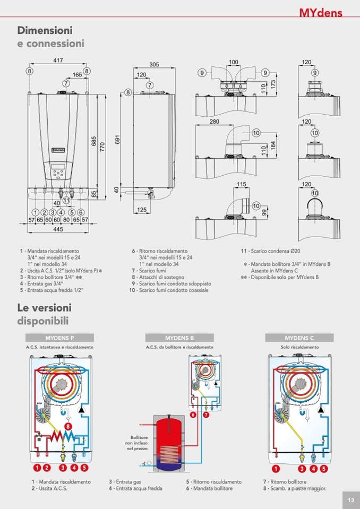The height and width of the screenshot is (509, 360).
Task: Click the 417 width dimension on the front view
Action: pos(58,61)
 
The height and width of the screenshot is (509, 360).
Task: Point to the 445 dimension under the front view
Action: pos(58,229)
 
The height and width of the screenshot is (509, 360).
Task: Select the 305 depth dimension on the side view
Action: pos(153,64)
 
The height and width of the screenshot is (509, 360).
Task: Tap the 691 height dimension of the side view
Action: pos(118,140)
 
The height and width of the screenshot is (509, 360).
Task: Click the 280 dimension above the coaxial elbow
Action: pos(214,122)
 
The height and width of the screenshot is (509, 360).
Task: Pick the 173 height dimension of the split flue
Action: pos(273,84)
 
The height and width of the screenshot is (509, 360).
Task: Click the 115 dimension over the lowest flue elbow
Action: pos(242,185)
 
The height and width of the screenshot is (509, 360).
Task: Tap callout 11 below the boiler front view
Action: pos(66,200)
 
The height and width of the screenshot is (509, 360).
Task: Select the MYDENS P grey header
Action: pos(59,338)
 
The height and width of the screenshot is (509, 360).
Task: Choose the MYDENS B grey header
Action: pos(179,338)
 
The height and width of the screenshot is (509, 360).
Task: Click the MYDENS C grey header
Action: pos(299,338)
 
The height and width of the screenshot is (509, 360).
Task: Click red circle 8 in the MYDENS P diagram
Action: pos(68,425)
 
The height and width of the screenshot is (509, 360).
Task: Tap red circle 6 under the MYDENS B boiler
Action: pos(193,415)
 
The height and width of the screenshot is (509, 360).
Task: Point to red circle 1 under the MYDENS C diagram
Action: pos(276,468)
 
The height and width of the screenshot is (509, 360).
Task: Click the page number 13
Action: pos(350,500)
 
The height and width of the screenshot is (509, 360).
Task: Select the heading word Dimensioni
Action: pos(45,30)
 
